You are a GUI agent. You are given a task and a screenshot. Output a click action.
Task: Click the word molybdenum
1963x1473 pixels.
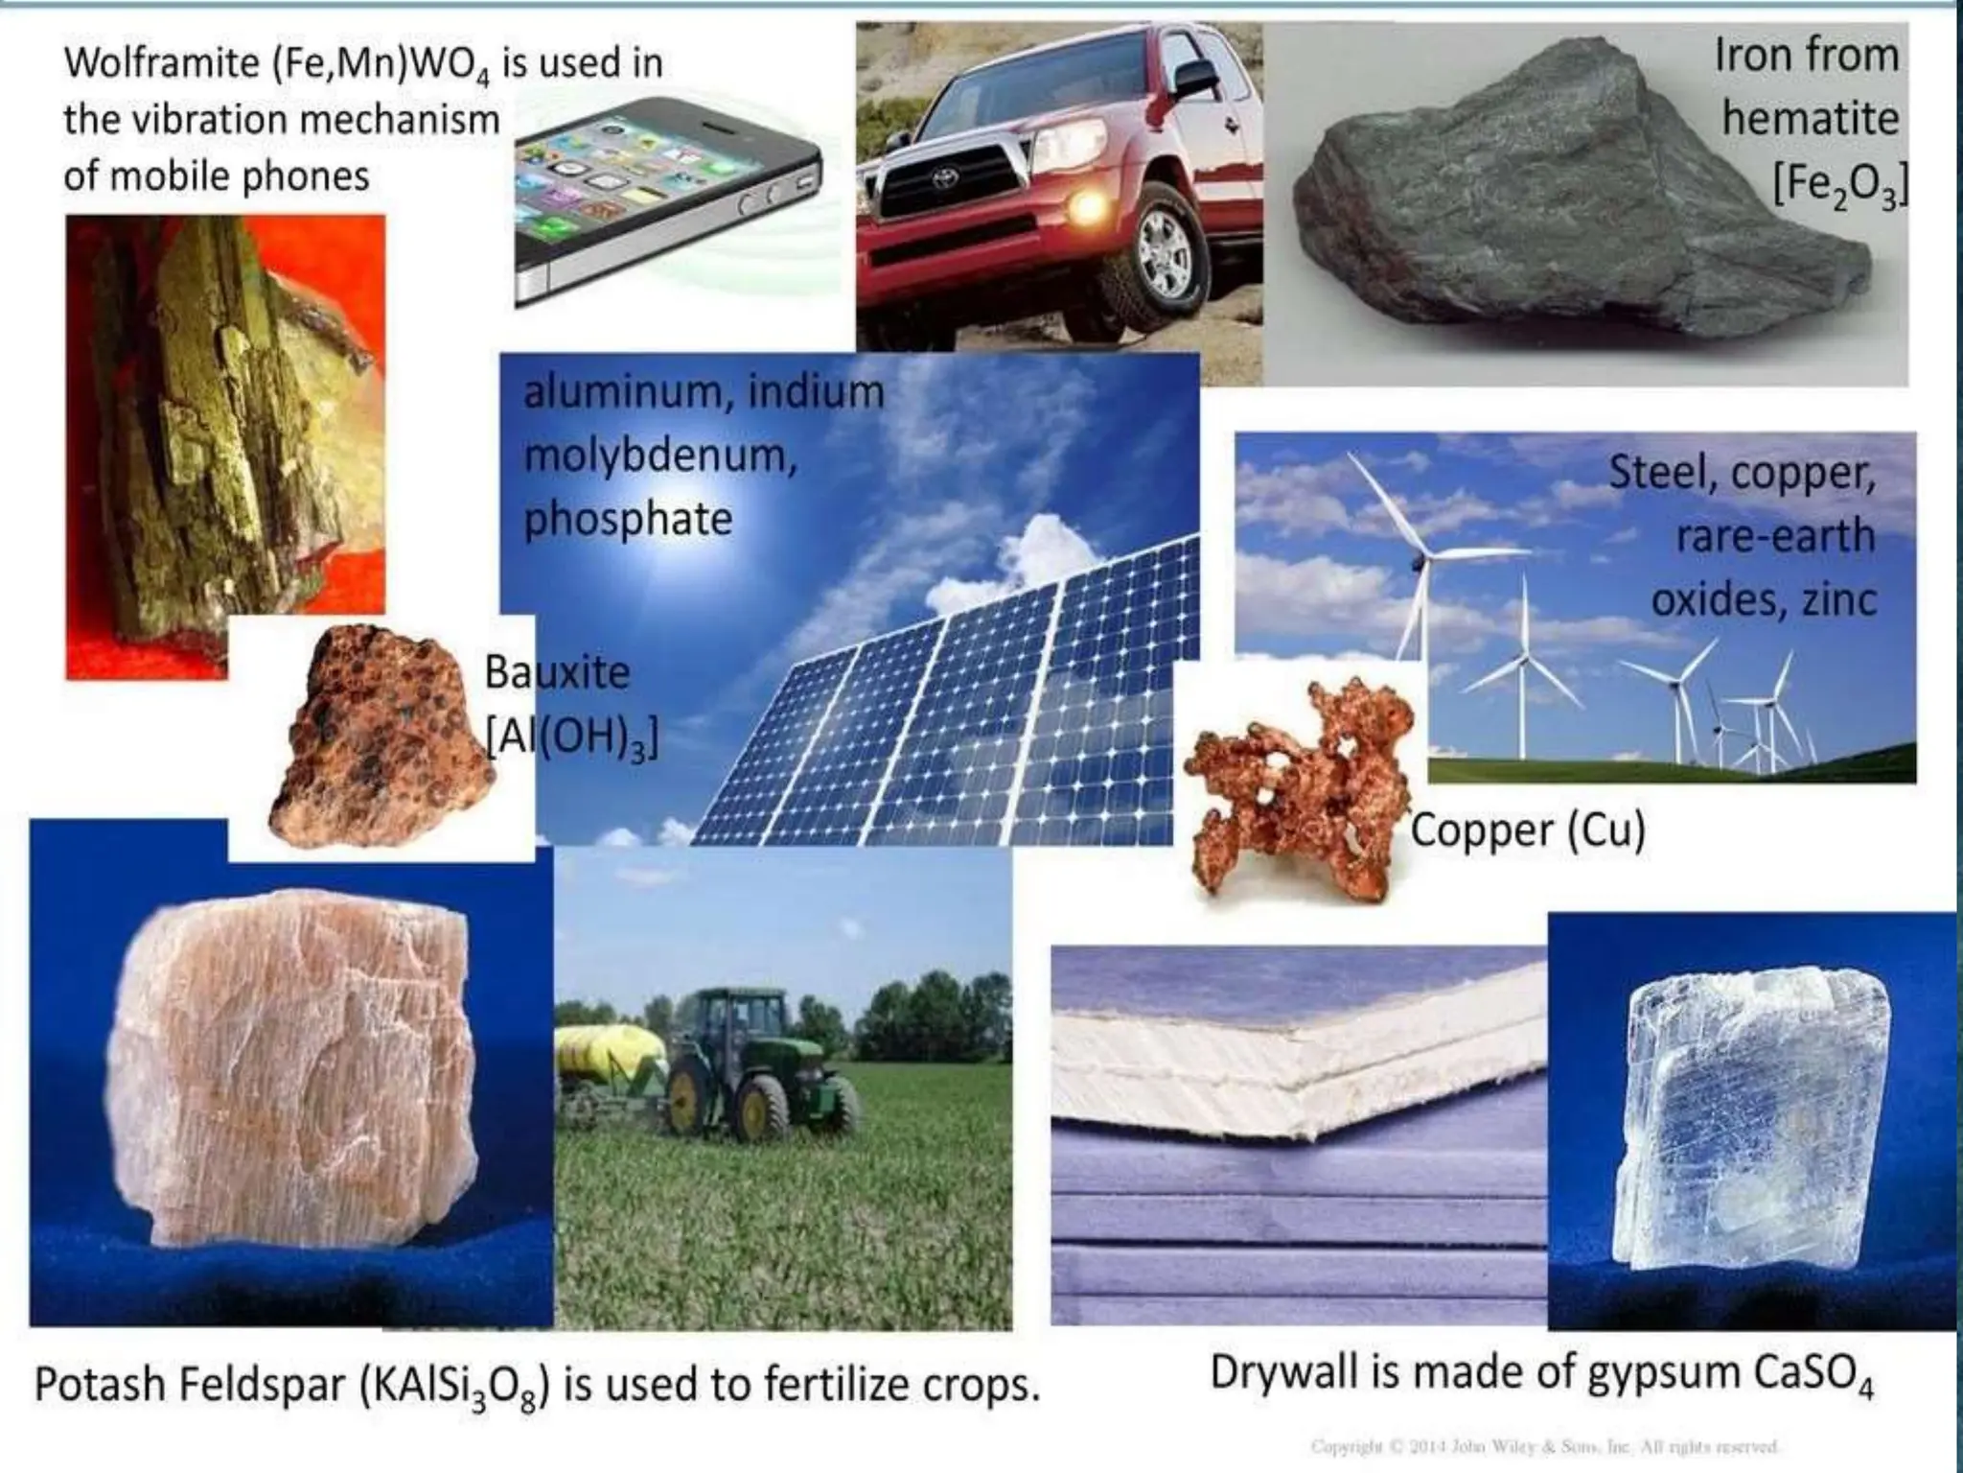click(x=659, y=456)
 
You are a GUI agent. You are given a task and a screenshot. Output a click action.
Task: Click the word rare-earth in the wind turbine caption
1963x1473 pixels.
click(x=1775, y=535)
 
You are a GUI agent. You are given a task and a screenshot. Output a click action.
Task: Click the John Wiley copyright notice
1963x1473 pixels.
click(x=1543, y=1447)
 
